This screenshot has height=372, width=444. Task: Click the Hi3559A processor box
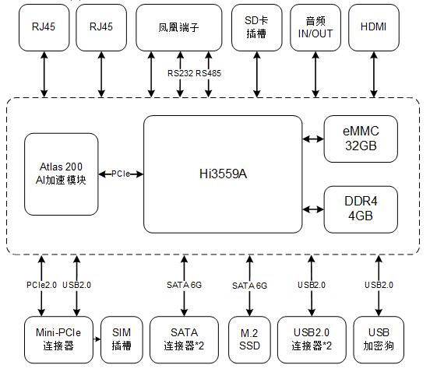(223, 174)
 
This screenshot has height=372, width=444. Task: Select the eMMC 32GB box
(361, 139)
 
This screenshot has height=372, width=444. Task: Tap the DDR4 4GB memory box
(361, 209)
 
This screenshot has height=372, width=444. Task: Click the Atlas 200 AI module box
(62, 174)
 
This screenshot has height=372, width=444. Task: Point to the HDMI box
(374, 27)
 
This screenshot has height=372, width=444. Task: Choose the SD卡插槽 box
(257, 27)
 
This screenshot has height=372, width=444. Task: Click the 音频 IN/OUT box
(315, 27)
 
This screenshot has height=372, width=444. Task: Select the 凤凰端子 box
(179, 27)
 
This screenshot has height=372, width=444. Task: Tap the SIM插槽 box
(122, 340)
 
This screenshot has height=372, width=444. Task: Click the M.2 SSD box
(249, 340)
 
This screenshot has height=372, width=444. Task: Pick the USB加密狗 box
(379, 340)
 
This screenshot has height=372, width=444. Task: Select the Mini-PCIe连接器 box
(58, 340)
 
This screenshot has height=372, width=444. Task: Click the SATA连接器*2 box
(184, 340)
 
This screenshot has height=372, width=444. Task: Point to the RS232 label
(181, 74)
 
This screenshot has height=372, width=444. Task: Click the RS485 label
(209, 74)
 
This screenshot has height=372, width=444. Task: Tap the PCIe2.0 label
(41, 285)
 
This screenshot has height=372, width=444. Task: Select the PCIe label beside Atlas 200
(121, 174)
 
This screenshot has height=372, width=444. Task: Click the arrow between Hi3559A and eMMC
(313, 139)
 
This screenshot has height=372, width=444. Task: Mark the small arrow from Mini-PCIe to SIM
(97, 339)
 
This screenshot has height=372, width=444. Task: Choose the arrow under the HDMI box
(374, 75)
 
